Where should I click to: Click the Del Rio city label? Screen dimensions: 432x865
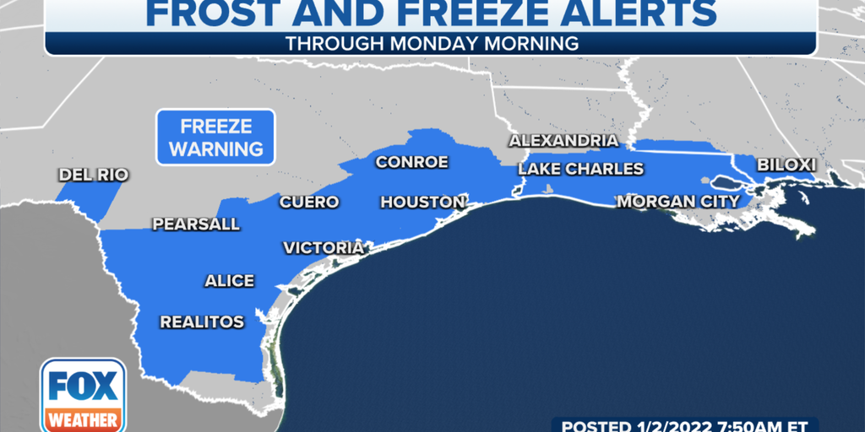(x=93, y=175)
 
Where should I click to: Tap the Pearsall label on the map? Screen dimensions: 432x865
(x=195, y=224)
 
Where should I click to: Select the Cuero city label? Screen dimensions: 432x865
(x=308, y=202)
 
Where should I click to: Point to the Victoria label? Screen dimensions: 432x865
(x=323, y=248)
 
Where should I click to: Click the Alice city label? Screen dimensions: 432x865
(x=229, y=281)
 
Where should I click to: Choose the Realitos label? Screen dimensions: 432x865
(x=202, y=322)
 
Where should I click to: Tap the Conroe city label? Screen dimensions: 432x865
(x=411, y=162)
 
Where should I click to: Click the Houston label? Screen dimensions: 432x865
(x=422, y=202)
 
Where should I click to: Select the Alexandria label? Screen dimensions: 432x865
(x=563, y=141)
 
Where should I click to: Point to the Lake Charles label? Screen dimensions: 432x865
(x=581, y=169)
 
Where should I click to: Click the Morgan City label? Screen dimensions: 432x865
(x=678, y=202)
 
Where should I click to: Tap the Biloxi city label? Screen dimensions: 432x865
(x=786, y=165)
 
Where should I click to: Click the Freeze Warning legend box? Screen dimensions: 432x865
(x=215, y=138)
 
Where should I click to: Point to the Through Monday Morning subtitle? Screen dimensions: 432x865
(x=432, y=43)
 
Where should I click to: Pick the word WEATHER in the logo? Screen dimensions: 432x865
(x=83, y=419)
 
